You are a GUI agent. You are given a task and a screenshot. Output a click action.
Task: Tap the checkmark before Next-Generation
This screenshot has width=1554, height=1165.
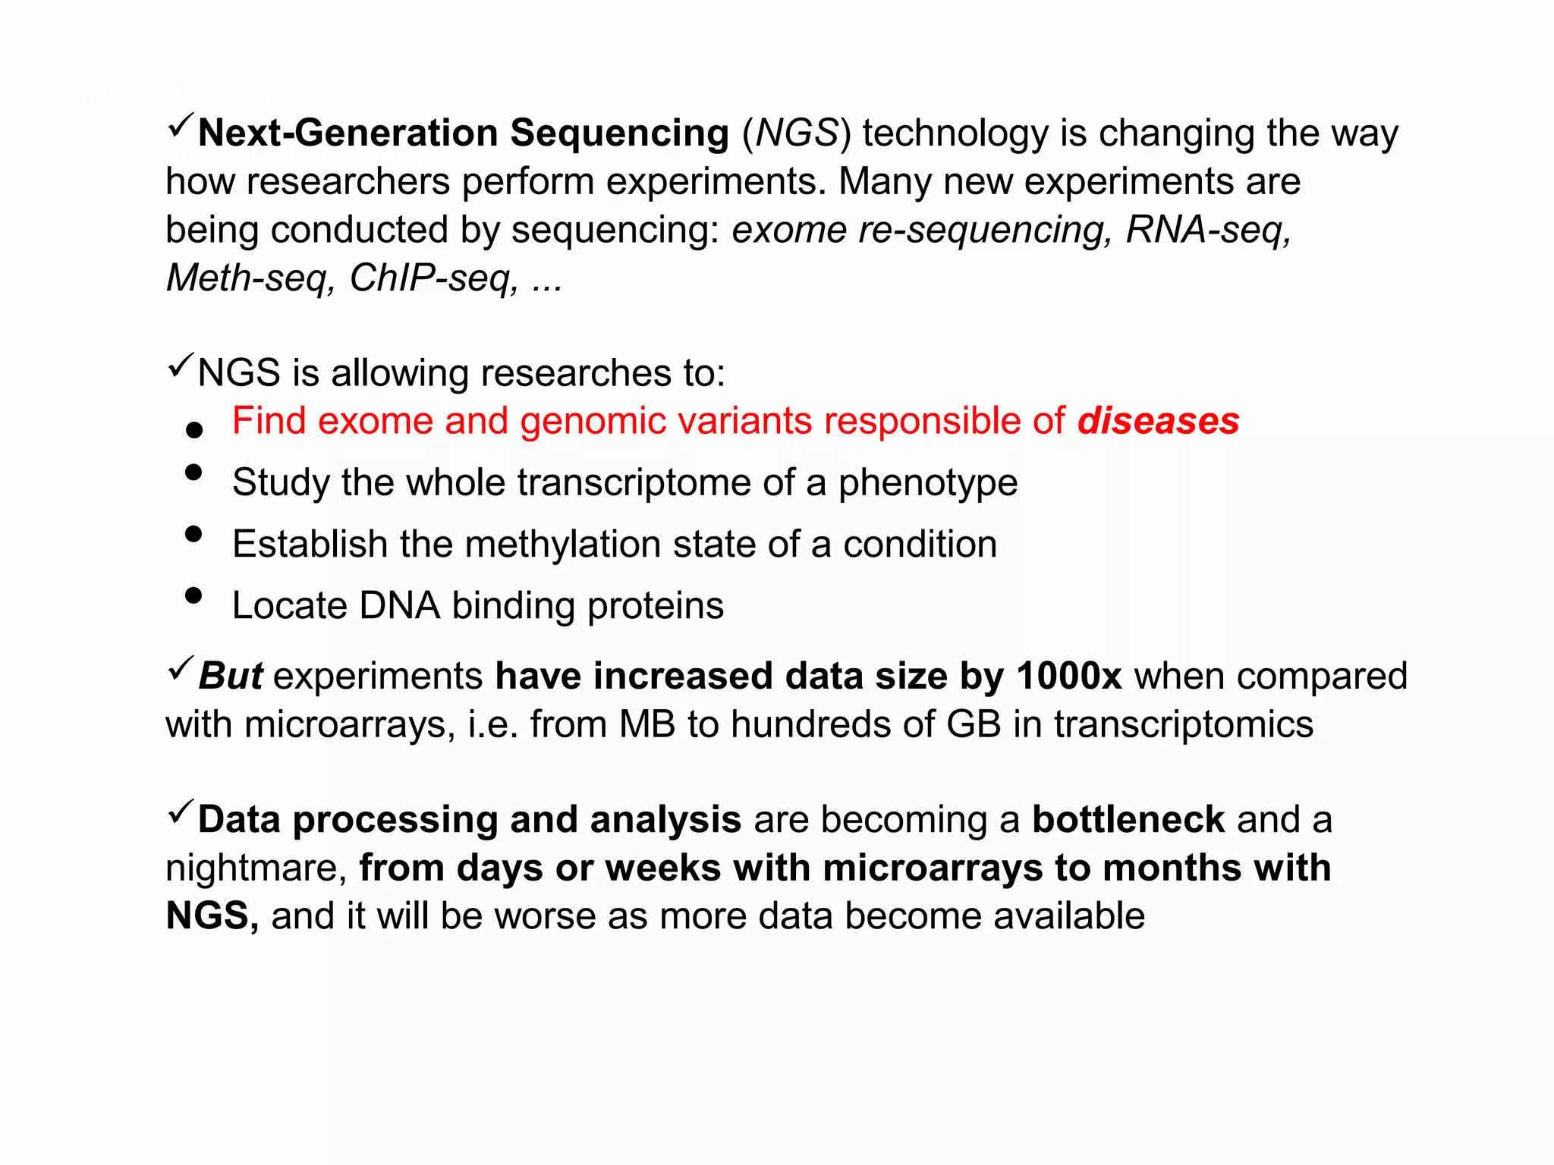tap(180, 125)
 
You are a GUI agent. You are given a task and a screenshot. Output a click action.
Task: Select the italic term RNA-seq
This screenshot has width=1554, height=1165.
tap(1207, 230)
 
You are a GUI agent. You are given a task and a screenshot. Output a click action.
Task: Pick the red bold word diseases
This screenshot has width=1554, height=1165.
tap(1158, 421)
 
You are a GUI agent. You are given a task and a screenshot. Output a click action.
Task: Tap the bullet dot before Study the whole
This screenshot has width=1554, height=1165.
tap(193, 473)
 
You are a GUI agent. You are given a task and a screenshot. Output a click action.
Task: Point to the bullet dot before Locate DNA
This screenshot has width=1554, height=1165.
tap(193, 595)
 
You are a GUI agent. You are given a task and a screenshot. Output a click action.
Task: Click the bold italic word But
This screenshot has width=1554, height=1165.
tap(230, 676)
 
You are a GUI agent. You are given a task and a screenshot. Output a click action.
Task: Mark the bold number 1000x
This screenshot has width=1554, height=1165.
tap(1068, 676)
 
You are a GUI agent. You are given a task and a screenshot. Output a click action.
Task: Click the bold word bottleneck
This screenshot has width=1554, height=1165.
tap(1128, 820)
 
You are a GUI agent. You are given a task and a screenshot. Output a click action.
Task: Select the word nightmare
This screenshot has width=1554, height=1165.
tap(256, 868)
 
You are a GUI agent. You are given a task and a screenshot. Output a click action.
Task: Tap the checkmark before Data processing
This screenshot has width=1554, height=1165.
tap(180, 812)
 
